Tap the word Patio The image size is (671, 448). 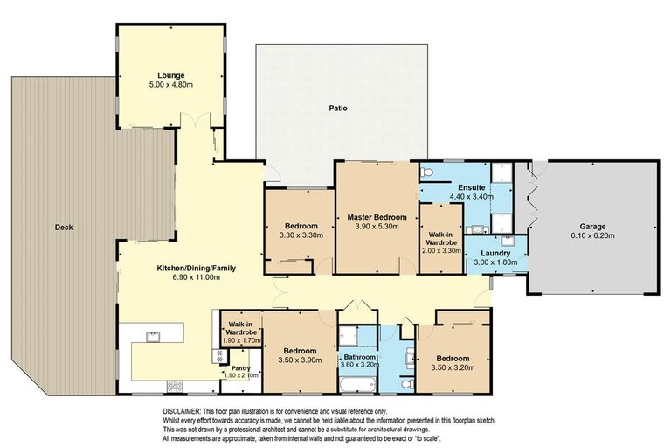tap(338, 109)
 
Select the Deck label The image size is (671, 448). tap(63, 227)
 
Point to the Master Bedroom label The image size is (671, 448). tap(376, 217)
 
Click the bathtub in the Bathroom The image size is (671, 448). tap(358, 385)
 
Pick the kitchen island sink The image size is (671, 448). tap(151, 334)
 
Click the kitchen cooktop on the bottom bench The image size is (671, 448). tap(174, 386)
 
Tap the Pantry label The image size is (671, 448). tap(237, 367)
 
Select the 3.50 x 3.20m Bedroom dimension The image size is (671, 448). tap(452, 367)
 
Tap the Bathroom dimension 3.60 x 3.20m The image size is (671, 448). tap(358, 367)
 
